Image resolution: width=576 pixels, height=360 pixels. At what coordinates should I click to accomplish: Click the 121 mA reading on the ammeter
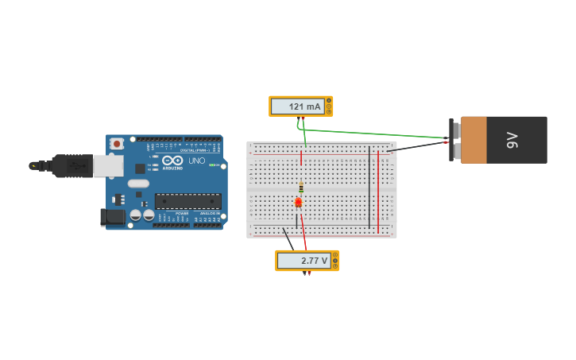[304, 106]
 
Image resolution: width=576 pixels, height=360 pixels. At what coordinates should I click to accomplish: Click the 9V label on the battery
[512, 141]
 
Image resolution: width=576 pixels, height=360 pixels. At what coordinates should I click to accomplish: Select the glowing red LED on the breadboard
[299, 203]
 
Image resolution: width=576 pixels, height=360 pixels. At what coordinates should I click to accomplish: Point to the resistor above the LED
[301, 188]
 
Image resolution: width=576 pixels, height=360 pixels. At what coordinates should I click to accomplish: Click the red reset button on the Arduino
[117, 144]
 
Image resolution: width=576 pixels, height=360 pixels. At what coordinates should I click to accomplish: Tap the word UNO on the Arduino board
[196, 161]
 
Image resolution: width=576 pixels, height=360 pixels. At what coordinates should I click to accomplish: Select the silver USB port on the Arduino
[108, 165]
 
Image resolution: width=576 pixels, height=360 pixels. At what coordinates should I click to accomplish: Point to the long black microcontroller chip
[187, 201]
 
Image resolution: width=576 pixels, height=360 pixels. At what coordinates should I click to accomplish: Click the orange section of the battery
[473, 141]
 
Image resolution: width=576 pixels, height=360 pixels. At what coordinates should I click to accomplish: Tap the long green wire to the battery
[373, 134]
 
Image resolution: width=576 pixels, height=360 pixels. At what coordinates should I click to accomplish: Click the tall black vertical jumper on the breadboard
[369, 188]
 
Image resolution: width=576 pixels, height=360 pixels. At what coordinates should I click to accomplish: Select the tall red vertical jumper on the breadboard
[378, 191]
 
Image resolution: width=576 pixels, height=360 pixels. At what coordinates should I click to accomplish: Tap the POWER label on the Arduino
[182, 214]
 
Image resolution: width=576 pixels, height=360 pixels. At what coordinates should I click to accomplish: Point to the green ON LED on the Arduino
[212, 165]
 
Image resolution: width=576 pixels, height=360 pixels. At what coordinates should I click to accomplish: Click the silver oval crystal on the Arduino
[138, 184]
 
